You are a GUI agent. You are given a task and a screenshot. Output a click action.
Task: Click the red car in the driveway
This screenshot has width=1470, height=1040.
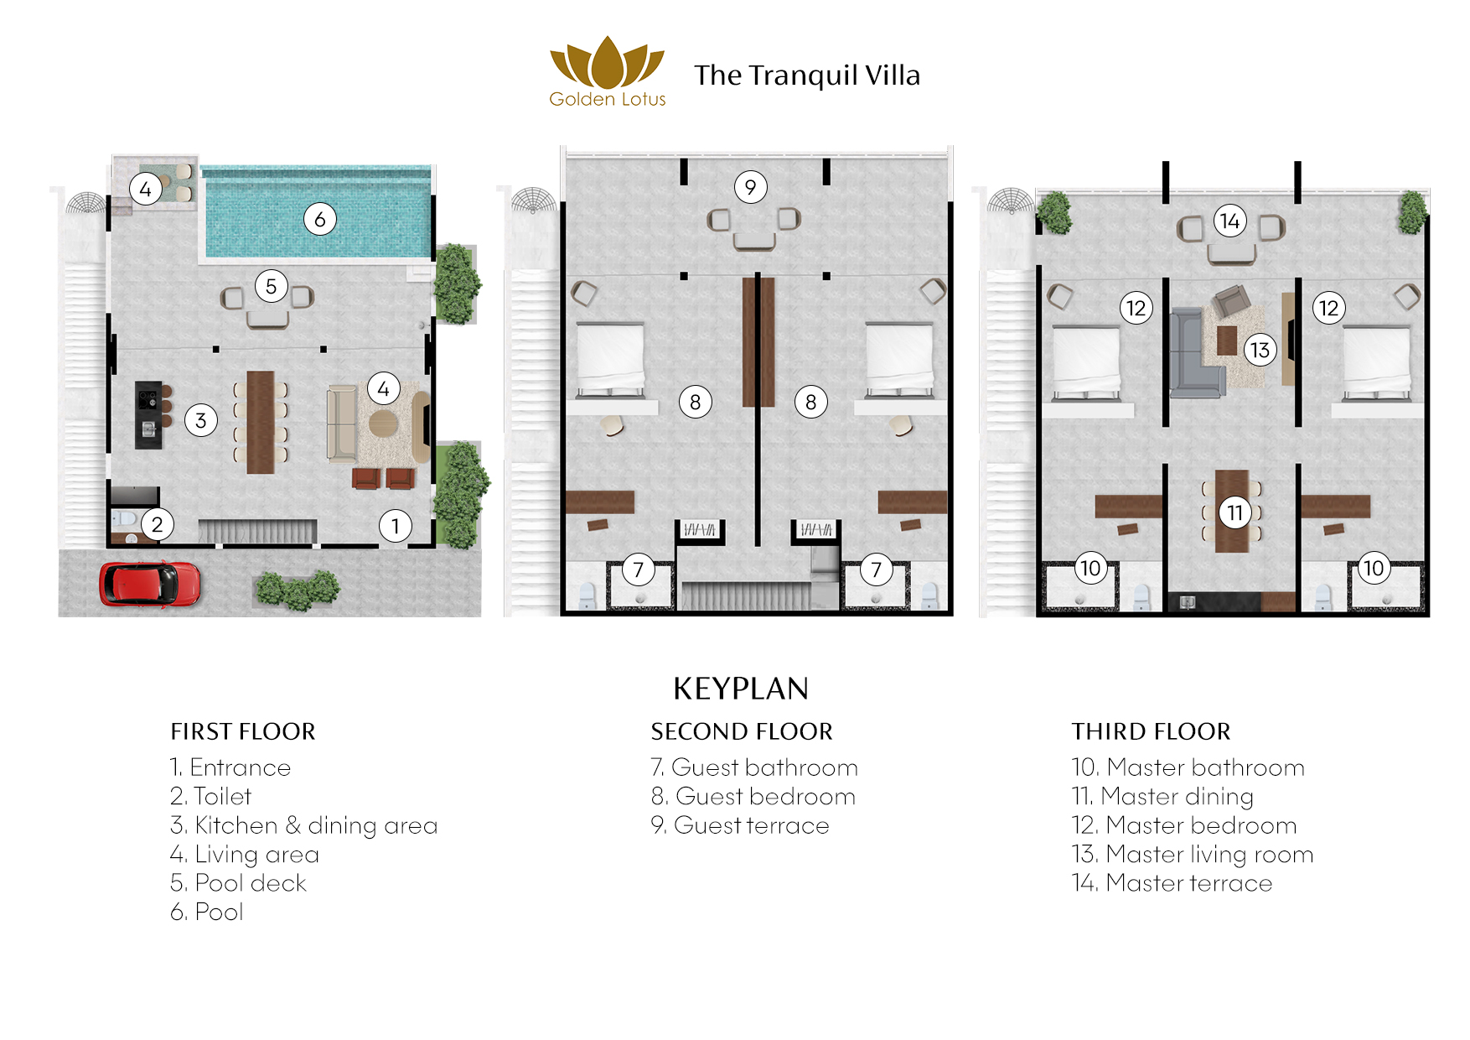point(150,584)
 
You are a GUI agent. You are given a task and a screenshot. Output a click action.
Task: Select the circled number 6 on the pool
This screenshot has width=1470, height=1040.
point(320,220)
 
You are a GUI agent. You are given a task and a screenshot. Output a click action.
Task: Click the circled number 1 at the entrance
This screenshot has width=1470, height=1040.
point(396,526)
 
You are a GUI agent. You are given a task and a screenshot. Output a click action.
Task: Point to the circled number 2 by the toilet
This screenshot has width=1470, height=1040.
point(158,525)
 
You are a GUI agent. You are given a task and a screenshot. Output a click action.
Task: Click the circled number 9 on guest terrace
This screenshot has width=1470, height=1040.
point(750,187)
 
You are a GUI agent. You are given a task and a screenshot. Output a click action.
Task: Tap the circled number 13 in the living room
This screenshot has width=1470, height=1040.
point(1260,350)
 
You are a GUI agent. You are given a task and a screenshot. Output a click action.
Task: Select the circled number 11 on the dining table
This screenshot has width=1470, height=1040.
point(1234,512)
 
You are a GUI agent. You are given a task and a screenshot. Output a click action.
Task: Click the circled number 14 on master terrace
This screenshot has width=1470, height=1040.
point(1229,221)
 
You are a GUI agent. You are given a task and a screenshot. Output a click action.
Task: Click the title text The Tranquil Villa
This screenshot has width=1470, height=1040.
point(806,75)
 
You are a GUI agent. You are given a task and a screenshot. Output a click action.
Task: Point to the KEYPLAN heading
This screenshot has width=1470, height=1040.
point(741,689)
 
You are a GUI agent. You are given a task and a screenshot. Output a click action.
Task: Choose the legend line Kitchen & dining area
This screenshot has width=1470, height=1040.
point(303,825)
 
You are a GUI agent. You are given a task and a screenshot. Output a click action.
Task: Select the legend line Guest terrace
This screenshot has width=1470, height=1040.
point(740,825)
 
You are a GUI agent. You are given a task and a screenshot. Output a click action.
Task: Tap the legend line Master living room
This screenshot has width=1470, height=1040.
point(1193,854)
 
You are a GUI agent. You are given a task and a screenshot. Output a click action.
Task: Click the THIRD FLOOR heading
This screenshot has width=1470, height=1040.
point(1151,731)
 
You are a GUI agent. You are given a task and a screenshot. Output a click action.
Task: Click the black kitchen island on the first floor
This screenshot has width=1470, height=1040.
point(148,414)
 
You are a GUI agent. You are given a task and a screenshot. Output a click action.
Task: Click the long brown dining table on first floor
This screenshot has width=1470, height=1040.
point(261,422)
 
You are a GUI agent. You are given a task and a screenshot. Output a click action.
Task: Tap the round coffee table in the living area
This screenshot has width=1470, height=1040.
point(383,423)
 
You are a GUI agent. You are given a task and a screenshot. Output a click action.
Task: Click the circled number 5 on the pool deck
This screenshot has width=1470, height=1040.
point(271,287)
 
